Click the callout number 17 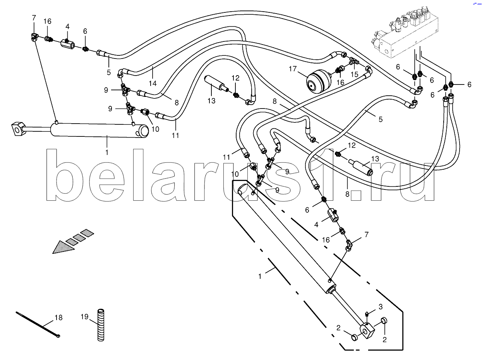click(292, 69)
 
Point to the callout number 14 click(153, 83)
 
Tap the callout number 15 click(354, 74)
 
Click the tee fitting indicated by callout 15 click(353, 61)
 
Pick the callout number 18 click(58, 318)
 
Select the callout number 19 click(85, 317)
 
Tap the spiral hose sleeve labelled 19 click(101, 324)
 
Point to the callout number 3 click(380, 307)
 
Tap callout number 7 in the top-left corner click(34, 18)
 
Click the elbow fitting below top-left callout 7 click(34, 37)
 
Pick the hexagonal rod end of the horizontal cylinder click(17, 129)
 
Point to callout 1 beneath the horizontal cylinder click(107, 152)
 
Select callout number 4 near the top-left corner click(67, 26)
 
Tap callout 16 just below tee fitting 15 click(340, 82)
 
